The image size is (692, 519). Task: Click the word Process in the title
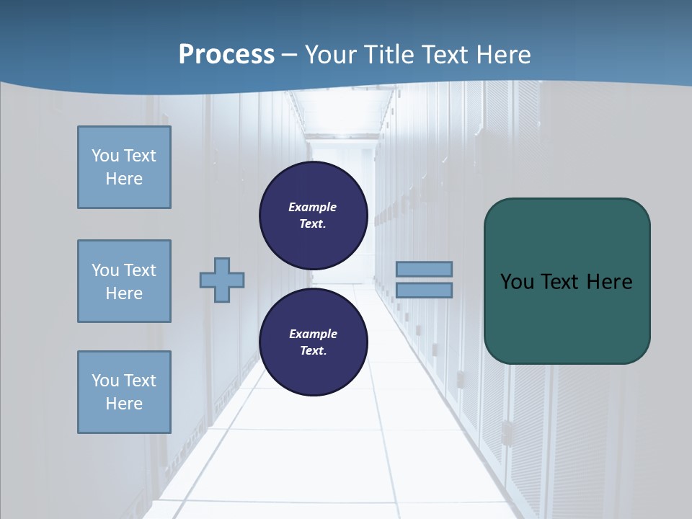pos(226,55)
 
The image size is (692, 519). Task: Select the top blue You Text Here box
pos(124,167)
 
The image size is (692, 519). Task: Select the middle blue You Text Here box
pos(124,281)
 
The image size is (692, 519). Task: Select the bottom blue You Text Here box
pos(124,392)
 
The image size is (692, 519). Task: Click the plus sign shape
pos(222,280)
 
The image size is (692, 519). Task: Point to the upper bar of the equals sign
pos(424,269)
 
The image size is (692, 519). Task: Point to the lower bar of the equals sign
pos(424,290)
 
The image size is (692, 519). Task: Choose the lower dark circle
pos(314,342)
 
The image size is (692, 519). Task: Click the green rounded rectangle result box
pos(567,281)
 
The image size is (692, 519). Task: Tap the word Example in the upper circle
pos(313,207)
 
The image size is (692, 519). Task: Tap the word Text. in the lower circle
pos(313,350)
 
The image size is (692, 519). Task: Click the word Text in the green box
pos(560,282)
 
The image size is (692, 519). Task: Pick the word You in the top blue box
pos(105,156)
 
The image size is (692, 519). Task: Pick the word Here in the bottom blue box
pos(124,404)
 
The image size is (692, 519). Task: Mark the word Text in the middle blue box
pos(140,270)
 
